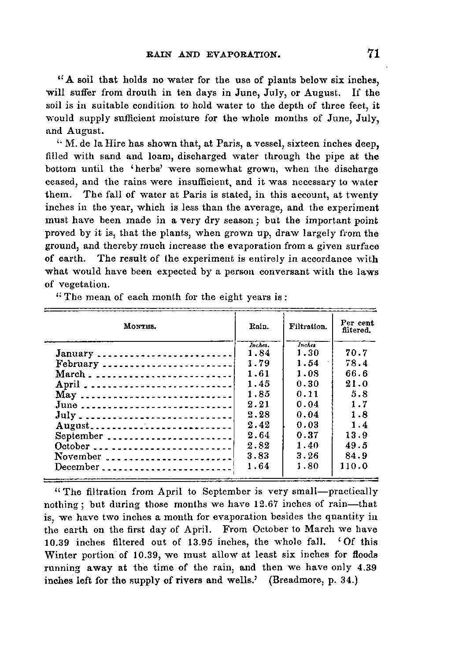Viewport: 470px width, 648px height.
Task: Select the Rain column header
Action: click(259, 327)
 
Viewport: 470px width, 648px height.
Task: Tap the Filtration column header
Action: click(308, 327)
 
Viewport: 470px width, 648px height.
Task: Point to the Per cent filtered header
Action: click(357, 326)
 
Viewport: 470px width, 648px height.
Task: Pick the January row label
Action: click(74, 354)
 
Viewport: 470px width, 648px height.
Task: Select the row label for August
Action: click(73, 426)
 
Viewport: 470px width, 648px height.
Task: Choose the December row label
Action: click(77, 467)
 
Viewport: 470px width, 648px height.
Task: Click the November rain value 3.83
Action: click(259, 456)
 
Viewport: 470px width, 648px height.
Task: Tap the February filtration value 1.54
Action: click(307, 364)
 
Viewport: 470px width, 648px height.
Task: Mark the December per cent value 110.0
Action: click(354, 466)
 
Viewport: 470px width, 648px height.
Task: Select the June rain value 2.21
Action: click(259, 404)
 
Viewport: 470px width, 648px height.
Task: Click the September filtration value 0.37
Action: click(307, 435)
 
